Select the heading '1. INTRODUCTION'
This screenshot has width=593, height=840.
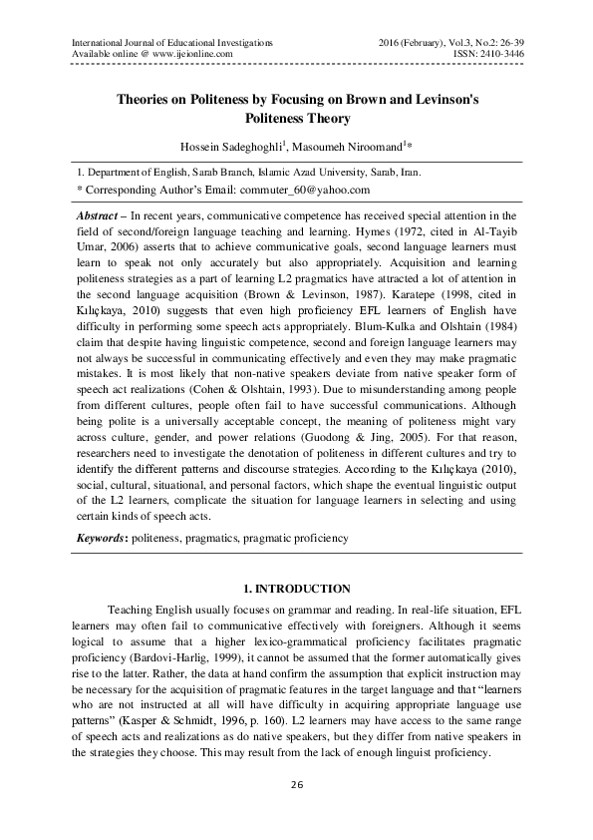296,589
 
